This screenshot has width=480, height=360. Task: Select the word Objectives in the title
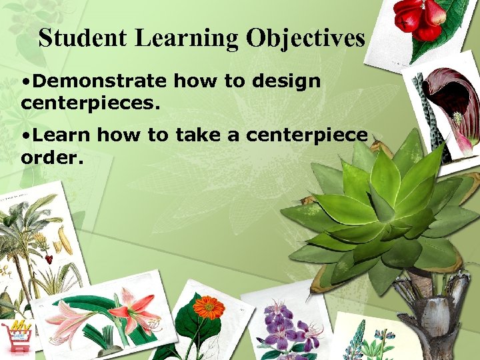coord(305,38)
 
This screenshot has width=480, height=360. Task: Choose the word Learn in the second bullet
coord(62,135)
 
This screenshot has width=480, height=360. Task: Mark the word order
coord(48,157)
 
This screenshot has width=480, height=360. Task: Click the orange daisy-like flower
coord(209,307)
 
